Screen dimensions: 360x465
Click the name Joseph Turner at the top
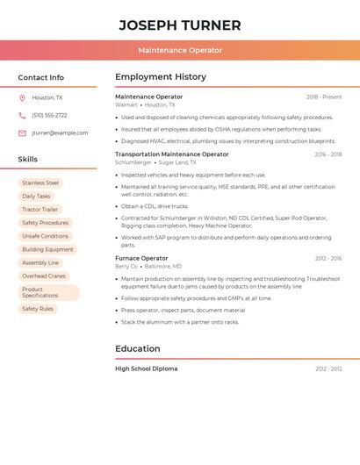coord(180,25)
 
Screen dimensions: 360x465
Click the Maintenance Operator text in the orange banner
coord(180,50)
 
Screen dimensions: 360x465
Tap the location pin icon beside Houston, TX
coord(22,98)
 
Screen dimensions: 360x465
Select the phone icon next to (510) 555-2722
coord(22,116)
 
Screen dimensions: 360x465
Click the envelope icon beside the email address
coord(22,133)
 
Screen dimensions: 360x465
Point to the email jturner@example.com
coord(60,133)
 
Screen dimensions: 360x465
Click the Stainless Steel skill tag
coord(40,183)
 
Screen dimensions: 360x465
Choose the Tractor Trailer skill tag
coord(40,210)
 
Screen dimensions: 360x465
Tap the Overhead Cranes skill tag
coord(44,275)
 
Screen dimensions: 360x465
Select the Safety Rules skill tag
coord(38,309)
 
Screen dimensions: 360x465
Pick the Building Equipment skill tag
coord(47,249)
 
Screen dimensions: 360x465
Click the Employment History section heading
coord(161,77)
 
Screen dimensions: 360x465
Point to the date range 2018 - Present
coord(324,97)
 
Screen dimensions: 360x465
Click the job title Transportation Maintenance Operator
coord(172,154)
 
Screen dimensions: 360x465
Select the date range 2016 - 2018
coord(328,154)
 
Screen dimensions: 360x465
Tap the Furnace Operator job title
coord(141,258)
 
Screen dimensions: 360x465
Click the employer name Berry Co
coord(126,266)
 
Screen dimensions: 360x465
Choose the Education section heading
coord(138,348)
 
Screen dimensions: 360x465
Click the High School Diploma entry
coord(146,368)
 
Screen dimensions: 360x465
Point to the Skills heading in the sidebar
coord(28,159)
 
